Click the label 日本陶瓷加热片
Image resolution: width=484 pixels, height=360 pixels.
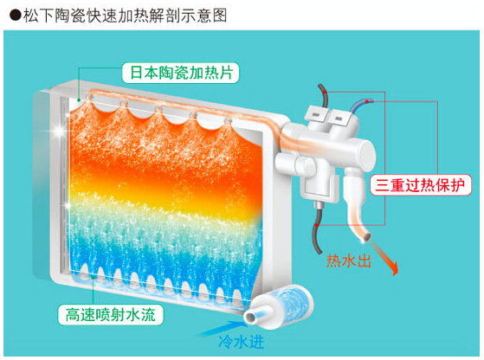click(181, 73)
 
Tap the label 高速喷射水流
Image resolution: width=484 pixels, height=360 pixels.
click(111, 315)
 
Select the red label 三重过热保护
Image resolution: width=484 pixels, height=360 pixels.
click(421, 185)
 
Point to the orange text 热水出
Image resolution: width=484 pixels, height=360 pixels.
click(348, 260)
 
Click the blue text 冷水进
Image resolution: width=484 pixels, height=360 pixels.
click(241, 342)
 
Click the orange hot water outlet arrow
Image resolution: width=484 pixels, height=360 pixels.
click(384, 257)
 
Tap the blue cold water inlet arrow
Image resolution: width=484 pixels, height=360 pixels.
click(221, 328)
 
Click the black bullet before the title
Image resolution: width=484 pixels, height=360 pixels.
click(15, 16)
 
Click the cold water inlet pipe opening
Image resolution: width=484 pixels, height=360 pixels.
click(250, 318)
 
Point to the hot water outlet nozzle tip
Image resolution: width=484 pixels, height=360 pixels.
click(366, 237)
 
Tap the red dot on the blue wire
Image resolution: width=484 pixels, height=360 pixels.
click(367, 101)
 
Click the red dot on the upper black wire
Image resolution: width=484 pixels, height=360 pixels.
click(325, 92)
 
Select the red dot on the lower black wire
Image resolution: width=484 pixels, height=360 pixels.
click(317, 225)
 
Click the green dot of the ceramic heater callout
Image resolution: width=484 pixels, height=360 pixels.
click(79, 100)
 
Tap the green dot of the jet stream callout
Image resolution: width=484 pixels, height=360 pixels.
click(94, 278)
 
